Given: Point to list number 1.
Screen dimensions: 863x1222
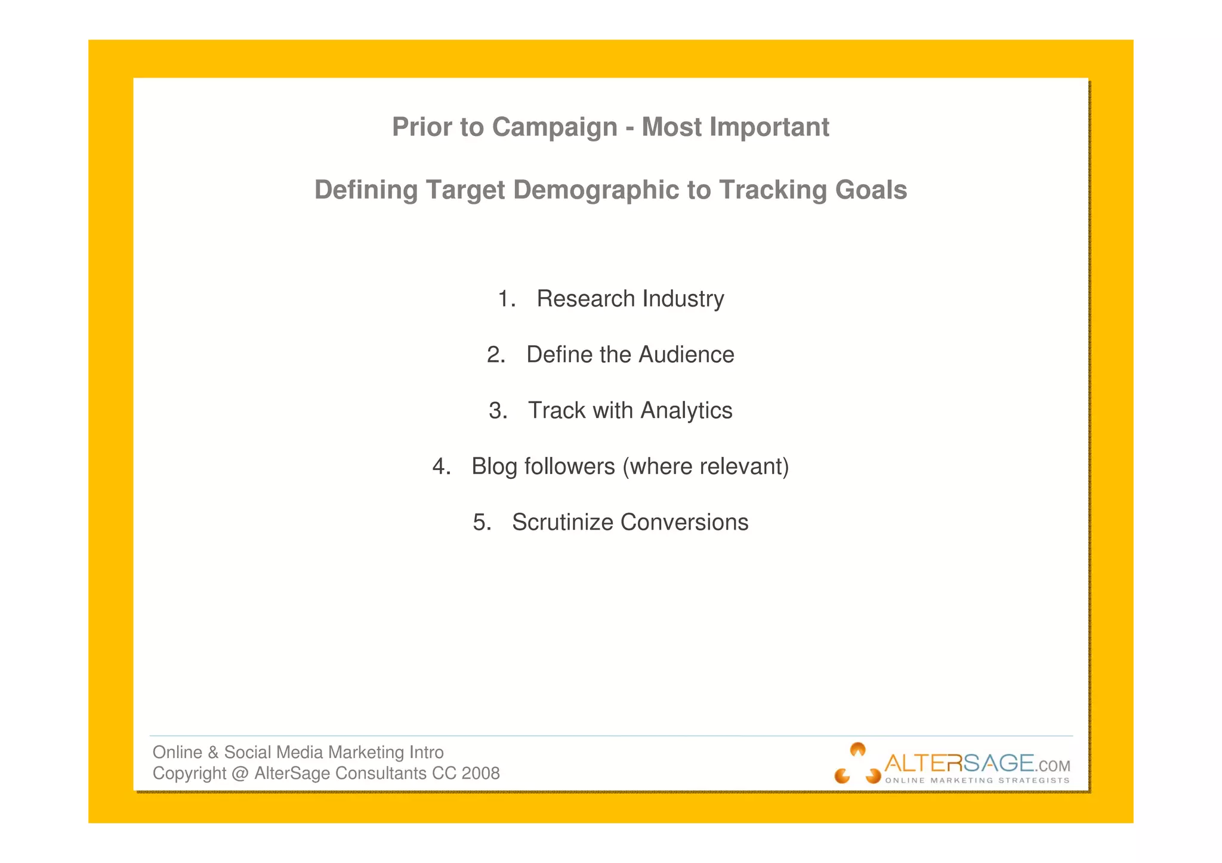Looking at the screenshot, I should (x=506, y=299).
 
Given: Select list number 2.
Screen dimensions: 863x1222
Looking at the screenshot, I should (x=496, y=355).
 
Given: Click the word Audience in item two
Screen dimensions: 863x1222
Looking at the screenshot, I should (x=686, y=355).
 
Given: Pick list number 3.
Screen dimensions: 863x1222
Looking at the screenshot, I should (x=498, y=411).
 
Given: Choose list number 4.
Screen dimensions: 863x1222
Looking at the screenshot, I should (x=441, y=466).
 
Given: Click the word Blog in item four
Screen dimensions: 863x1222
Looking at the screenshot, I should (x=494, y=466).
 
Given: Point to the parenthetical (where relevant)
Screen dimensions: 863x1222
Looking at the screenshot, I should (x=705, y=466).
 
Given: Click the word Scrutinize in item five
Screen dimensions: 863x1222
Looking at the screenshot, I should (x=563, y=522).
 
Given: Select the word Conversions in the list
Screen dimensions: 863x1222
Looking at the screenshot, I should (x=684, y=522).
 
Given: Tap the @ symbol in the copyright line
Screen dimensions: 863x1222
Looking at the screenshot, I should (x=240, y=774).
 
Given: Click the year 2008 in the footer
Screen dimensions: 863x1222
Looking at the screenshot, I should (x=480, y=774).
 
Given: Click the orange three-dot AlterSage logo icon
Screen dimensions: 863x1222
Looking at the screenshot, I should (x=857, y=764).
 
